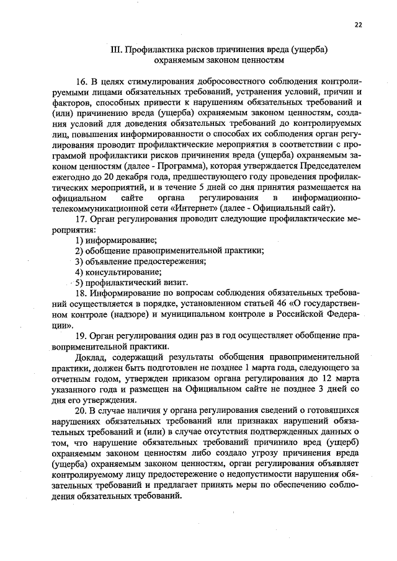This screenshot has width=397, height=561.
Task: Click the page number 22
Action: click(x=358, y=25)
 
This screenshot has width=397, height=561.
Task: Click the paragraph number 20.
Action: click(x=81, y=412)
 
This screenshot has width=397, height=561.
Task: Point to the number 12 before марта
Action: click(x=328, y=379)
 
